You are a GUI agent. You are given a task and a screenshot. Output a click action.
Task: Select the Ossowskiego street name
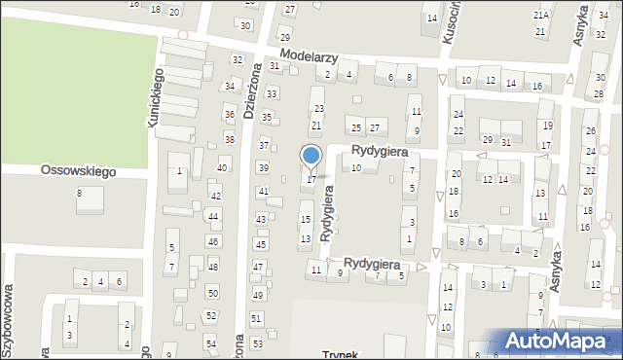[x=78, y=170]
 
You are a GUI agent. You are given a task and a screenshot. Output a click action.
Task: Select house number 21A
[x=540, y=16]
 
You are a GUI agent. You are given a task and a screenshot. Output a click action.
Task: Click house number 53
[x=257, y=343]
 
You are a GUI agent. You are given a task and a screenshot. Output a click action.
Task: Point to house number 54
[x=211, y=343]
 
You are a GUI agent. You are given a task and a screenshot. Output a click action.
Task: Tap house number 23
[x=318, y=108]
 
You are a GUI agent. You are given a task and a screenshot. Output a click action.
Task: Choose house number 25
[x=356, y=128]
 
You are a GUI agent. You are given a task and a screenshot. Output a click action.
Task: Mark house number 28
[x=599, y=93]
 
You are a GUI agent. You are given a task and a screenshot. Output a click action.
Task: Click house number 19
[x=547, y=126]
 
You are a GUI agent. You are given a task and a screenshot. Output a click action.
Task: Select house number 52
[x=211, y=315]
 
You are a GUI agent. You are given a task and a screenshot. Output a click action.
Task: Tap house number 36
[x=230, y=115]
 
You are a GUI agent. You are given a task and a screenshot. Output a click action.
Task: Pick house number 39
[x=263, y=167]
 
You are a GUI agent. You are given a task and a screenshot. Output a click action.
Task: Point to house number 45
[x=260, y=243]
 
